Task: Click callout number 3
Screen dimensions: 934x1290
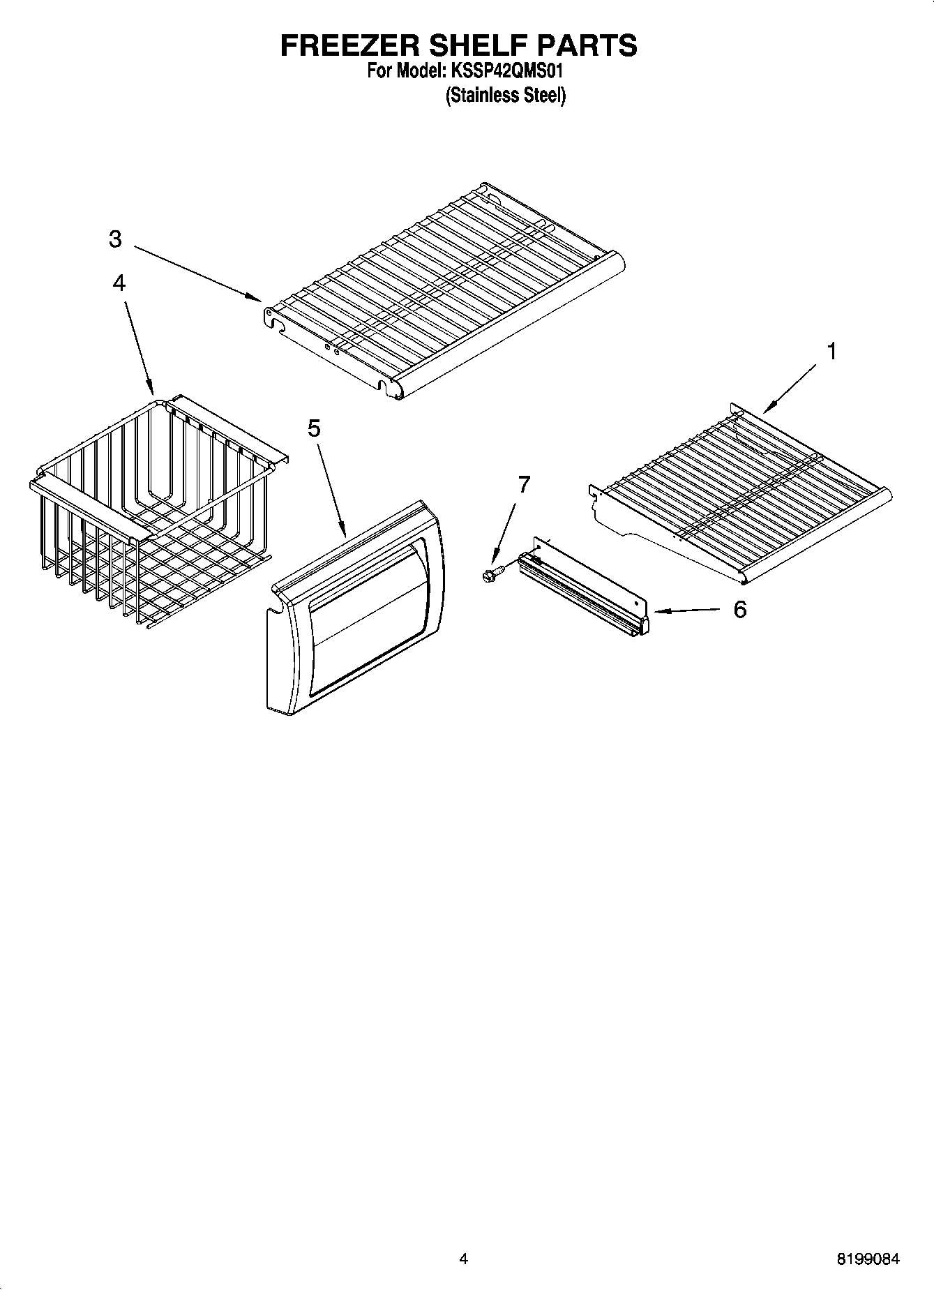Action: pyautogui.click(x=115, y=239)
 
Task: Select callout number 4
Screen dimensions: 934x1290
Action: pyautogui.click(x=119, y=283)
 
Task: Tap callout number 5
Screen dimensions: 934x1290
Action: pyautogui.click(x=314, y=428)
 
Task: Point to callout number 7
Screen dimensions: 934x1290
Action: pyautogui.click(x=524, y=483)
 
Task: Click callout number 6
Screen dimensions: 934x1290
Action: pyautogui.click(x=739, y=609)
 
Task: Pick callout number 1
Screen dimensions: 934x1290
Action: pyautogui.click(x=831, y=351)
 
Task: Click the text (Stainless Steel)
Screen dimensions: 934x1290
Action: pyautogui.click(x=506, y=96)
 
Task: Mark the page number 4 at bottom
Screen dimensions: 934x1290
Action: pyautogui.click(x=464, y=1259)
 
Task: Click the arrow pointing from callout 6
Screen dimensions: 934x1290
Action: pyautogui.click(x=687, y=611)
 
